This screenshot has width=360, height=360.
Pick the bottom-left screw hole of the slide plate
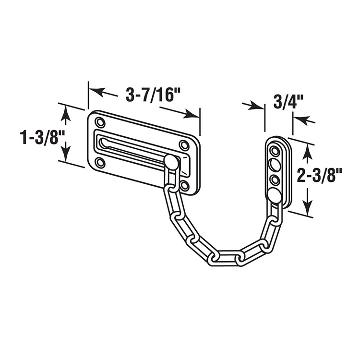pyautogui.click(x=100, y=163)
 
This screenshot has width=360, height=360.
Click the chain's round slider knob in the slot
pyautogui.click(x=171, y=162)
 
